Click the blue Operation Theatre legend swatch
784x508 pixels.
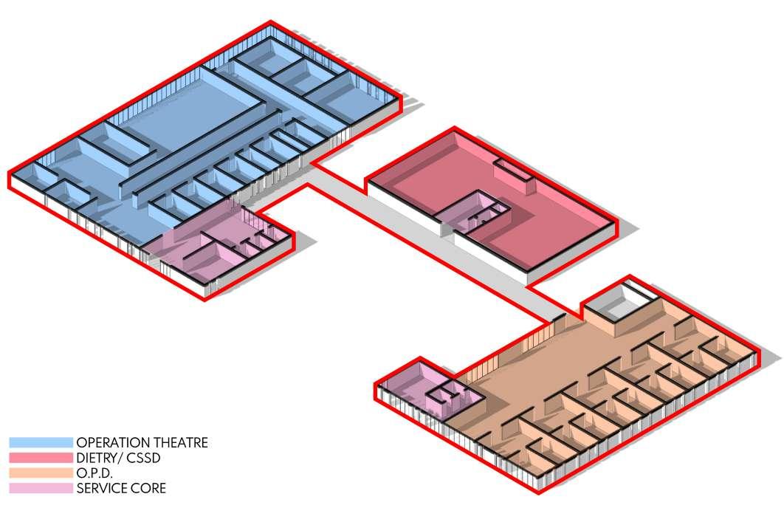[x=41, y=442]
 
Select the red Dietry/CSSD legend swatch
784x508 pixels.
[x=41, y=458]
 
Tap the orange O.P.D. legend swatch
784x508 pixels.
[x=41, y=473]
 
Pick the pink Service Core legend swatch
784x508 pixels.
[x=41, y=488]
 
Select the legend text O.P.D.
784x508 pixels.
[x=94, y=473]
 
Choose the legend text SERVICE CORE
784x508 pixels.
[x=121, y=488]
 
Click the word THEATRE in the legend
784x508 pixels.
[x=180, y=442]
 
